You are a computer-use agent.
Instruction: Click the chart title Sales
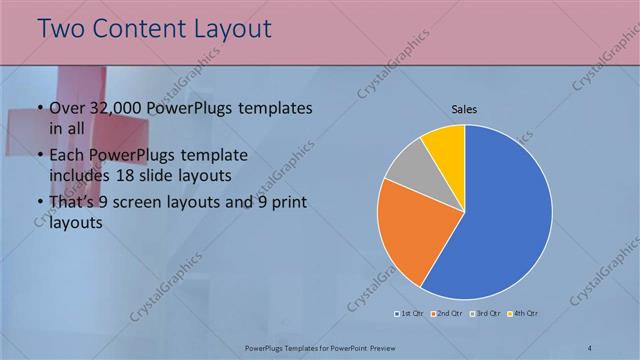(x=464, y=108)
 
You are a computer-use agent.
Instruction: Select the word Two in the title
(x=63, y=30)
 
